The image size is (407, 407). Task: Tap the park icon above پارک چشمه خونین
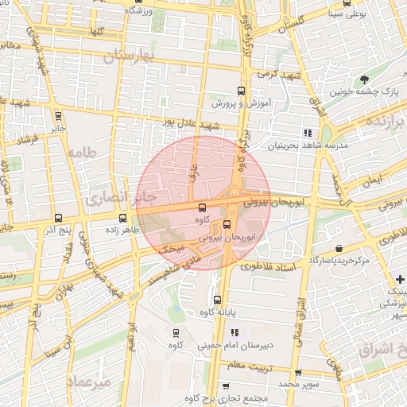[363, 79]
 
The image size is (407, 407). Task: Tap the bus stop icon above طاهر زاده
[122, 217]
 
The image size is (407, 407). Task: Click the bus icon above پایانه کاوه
[218, 300]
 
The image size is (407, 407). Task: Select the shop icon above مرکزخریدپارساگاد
[339, 248]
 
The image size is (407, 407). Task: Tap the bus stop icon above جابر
[59, 115]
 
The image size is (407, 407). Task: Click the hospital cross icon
[401, 279]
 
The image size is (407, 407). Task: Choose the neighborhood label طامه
[83, 152]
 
